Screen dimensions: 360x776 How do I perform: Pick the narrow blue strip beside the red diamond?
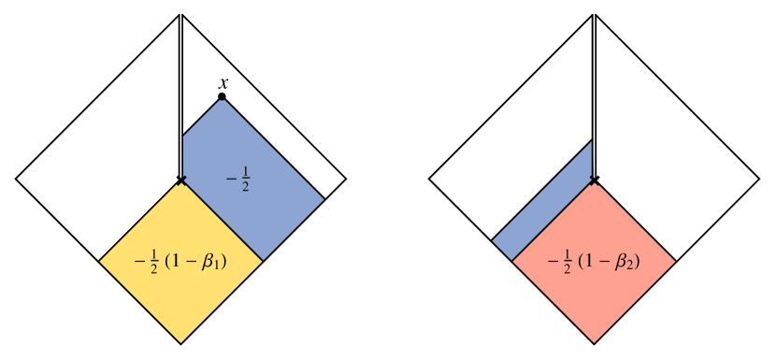[547, 210]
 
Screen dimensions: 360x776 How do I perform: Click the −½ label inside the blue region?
[238, 178]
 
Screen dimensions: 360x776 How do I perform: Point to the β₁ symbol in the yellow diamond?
[216, 263]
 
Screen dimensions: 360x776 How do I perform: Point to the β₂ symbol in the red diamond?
[628, 263]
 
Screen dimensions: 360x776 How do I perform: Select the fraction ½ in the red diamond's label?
[567, 262]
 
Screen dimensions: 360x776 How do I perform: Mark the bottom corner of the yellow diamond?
[180, 342]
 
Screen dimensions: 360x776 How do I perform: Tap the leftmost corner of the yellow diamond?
[100, 262]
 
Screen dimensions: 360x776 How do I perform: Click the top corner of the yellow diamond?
[181, 181]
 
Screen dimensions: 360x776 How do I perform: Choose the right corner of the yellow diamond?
[263, 261]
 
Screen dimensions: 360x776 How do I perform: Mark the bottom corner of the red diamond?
[594, 342]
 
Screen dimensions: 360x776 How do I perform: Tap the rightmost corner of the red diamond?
[675, 262]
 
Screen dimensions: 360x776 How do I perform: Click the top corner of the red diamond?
[594, 181]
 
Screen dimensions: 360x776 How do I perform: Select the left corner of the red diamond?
[513, 261]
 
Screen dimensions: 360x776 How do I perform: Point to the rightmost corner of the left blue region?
[323, 199]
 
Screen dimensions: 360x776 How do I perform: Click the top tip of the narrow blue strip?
[591, 142]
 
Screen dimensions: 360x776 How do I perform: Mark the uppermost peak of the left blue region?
[222, 98]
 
